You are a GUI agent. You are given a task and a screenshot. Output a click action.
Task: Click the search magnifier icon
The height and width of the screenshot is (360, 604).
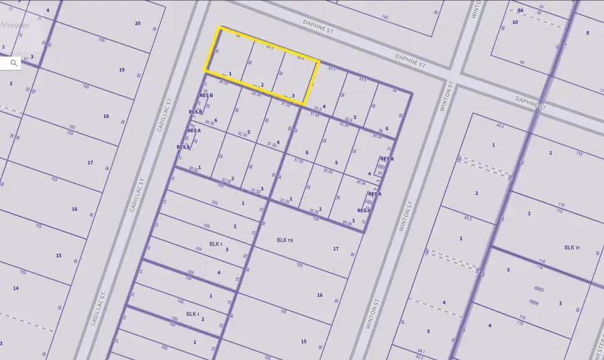pos(13,63)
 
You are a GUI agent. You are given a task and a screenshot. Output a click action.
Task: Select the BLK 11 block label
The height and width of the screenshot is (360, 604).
pos(572,248)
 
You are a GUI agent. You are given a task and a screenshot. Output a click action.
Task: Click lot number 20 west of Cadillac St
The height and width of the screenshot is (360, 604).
pos(138,24)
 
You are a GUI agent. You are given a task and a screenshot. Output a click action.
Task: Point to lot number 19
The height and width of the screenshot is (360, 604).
pos(121,70)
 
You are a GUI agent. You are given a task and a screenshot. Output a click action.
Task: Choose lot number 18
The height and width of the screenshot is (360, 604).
pos(106,116)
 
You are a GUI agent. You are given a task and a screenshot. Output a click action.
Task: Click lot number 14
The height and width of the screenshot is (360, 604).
pos(15,288)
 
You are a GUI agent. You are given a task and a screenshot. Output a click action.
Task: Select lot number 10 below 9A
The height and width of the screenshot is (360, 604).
pos(515,22)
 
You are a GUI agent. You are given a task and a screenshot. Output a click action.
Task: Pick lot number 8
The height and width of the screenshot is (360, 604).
pos(587,33)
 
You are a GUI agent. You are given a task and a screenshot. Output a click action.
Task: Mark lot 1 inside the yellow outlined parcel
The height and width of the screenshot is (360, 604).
pos(230,73)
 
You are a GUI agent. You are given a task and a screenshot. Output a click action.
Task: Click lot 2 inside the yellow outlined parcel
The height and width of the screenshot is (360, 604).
pos(262,85)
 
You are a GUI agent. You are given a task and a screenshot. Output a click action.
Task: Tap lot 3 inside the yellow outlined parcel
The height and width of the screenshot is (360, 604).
pos(293,95)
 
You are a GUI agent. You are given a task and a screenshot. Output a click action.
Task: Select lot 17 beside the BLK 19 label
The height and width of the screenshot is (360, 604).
pos(336,249)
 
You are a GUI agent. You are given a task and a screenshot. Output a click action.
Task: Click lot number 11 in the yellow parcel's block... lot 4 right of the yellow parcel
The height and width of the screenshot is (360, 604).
pos(324,106)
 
